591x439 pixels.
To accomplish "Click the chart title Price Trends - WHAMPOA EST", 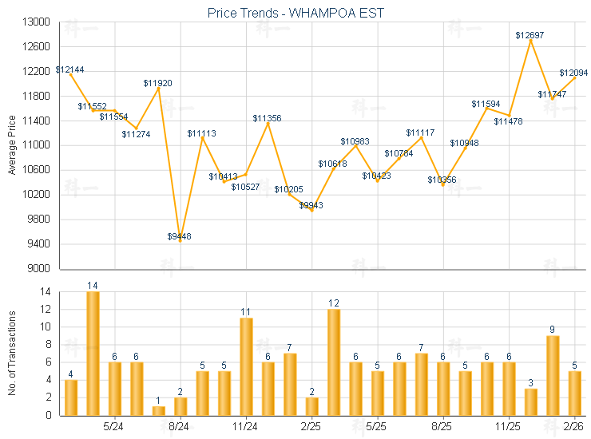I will click(x=295, y=13).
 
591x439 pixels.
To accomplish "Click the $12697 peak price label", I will click(x=530, y=35).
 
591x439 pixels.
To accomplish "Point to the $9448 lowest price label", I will click(x=179, y=236).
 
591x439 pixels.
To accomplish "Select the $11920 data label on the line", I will click(x=157, y=83).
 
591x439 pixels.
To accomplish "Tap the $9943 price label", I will click(x=311, y=205).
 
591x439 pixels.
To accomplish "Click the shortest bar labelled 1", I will click(x=158, y=410).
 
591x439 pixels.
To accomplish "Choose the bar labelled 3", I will click(x=530, y=401).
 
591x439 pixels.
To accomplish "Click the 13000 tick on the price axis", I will click(x=38, y=22).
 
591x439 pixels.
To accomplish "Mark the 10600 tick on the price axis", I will click(x=38, y=170).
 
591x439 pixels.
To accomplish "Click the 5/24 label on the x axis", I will click(x=113, y=426).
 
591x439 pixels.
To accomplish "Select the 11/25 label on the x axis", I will click(x=508, y=426).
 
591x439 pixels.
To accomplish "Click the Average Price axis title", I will click(x=12, y=145).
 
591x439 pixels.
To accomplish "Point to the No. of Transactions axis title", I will click(x=12, y=354).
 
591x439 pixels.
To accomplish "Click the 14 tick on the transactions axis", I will click(x=47, y=292).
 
